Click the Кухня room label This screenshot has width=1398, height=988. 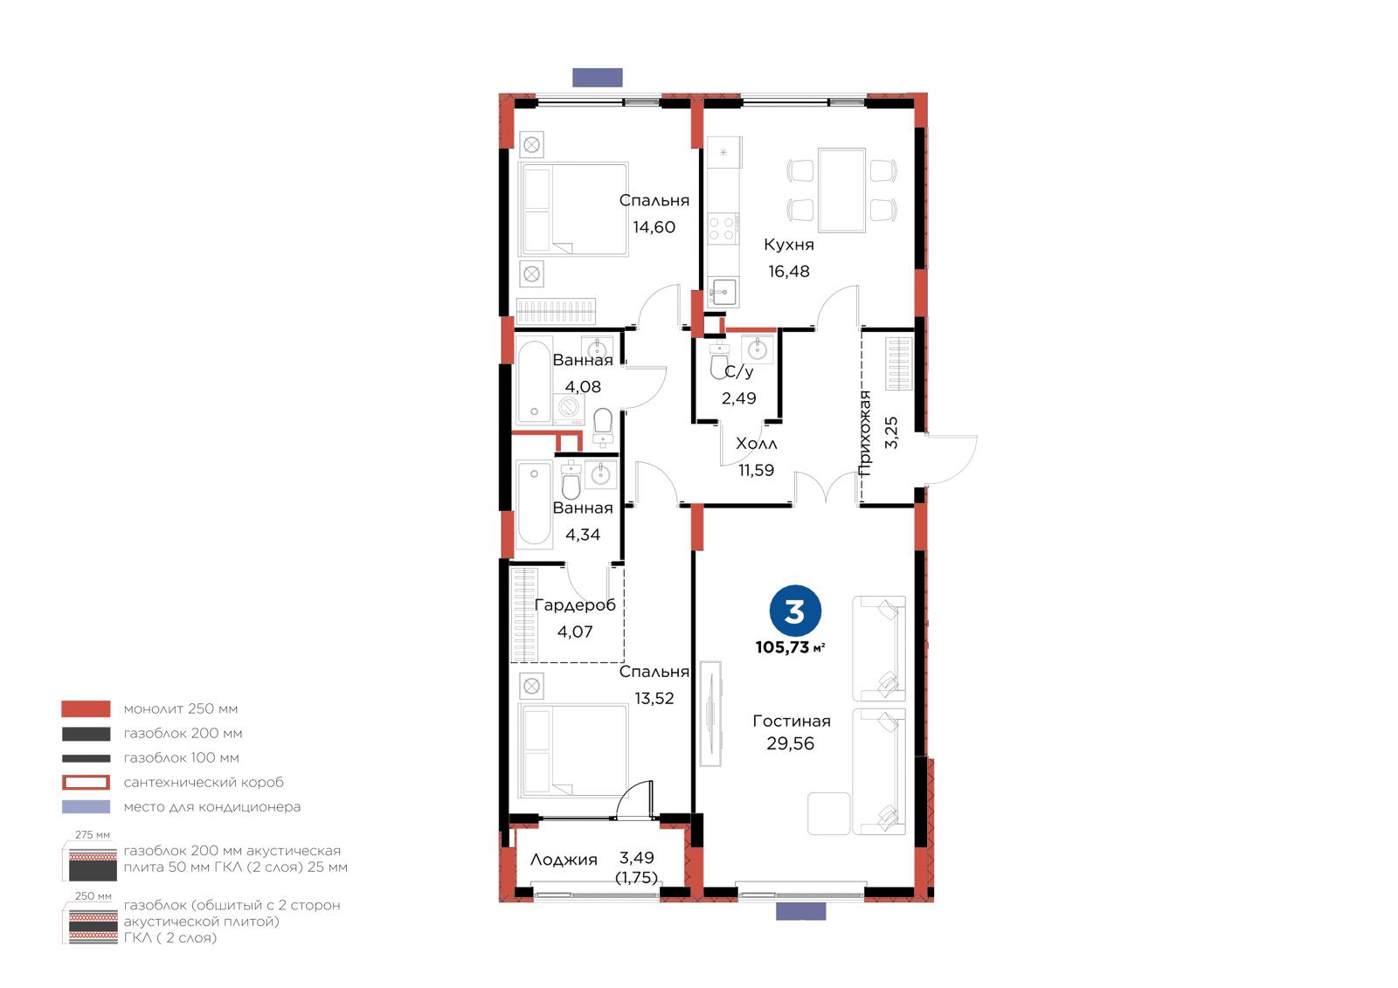[x=789, y=245]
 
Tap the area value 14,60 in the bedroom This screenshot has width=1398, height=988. [x=654, y=227]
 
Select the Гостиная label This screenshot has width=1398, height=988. [x=792, y=721]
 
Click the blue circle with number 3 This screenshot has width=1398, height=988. [x=795, y=611]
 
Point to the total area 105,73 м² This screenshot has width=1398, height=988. [x=790, y=647]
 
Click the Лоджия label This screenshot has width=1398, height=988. [x=564, y=860]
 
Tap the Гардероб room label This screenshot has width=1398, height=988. [x=575, y=605]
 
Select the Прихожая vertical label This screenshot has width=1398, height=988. [x=865, y=434]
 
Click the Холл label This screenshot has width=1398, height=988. [x=757, y=444]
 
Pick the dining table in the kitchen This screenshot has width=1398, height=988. [x=841, y=190]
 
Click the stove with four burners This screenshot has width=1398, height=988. [x=723, y=228]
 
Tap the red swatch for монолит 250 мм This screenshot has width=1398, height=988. [x=87, y=709]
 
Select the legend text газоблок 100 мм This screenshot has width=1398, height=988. [x=182, y=757]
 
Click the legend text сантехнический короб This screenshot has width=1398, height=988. [x=204, y=782]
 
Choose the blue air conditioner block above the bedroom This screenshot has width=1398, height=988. [x=598, y=78]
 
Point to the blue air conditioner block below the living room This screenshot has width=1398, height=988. [x=800, y=911]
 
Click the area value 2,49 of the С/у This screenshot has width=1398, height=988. [x=739, y=398]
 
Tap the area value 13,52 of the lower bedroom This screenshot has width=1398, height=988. [x=654, y=698]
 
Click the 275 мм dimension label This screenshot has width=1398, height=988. [x=93, y=835]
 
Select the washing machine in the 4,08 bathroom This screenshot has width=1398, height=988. [x=569, y=408]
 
